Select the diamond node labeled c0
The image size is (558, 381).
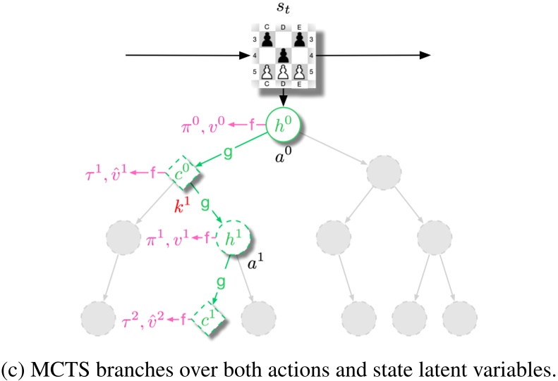pyautogui.click(x=183, y=172)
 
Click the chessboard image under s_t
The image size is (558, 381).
pyautogui.click(x=282, y=54)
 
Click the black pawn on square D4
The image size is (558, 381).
pyautogui.click(x=282, y=54)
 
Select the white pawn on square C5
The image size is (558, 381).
pyautogui.click(x=267, y=71)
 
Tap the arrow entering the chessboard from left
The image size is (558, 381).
pyautogui.click(x=183, y=54)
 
